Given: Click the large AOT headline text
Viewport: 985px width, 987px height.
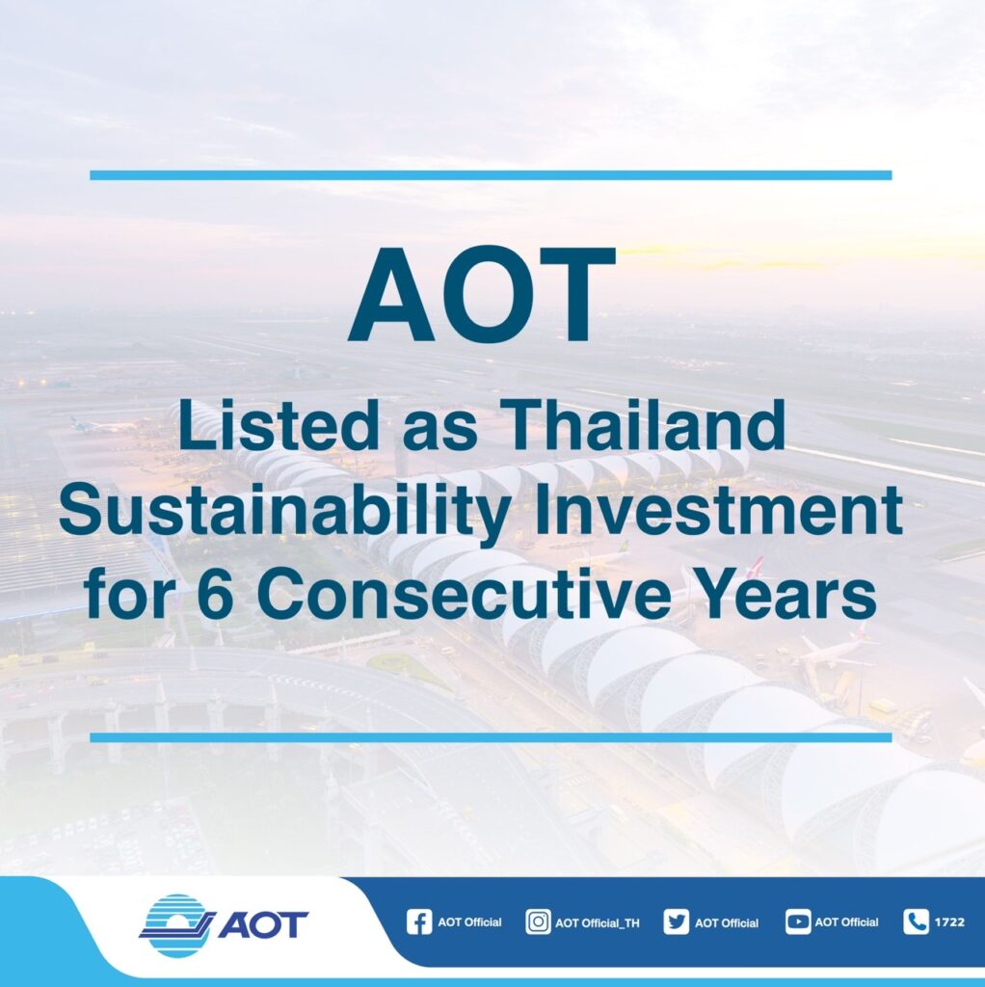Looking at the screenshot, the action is pyautogui.click(x=482, y=294).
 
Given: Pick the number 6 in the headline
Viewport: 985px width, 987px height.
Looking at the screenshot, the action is pyautogui.click(x=215, y=593).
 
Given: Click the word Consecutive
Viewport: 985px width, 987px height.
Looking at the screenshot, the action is pyautogui.click(x=464, y=593).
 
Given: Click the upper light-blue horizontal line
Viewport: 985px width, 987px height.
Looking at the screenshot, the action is pyautogui.click(x=491, y=175).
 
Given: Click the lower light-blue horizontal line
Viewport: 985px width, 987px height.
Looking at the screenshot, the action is pyautogui.click(x=491, y=737).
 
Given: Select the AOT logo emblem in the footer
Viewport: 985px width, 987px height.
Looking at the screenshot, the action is pyautogui.click(x=175, y=925).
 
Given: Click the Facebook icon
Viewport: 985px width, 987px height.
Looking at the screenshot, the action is pyautogui.click(x=419, y=922).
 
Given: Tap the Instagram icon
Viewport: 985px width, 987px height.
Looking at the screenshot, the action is pyautogui.click(x=538, y=922).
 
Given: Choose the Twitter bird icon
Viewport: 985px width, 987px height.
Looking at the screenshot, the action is pyautogui.click(x=677, y=922).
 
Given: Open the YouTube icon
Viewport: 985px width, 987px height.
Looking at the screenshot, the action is pyautogui.click(x=798, y=922).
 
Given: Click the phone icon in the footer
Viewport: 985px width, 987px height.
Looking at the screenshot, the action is pyautogui.click(x=917, y=922).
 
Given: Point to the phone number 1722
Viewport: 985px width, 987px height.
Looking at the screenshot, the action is pyautogui.click(x=949, y=922).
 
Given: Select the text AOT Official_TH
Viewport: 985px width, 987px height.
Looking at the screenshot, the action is pyautogui.click(x=598, y=923).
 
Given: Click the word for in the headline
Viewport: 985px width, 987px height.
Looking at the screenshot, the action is pyautogui.click(x=129, y=593).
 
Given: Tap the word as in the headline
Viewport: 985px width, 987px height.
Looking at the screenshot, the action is pyautogui.click(x=439, y=431).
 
